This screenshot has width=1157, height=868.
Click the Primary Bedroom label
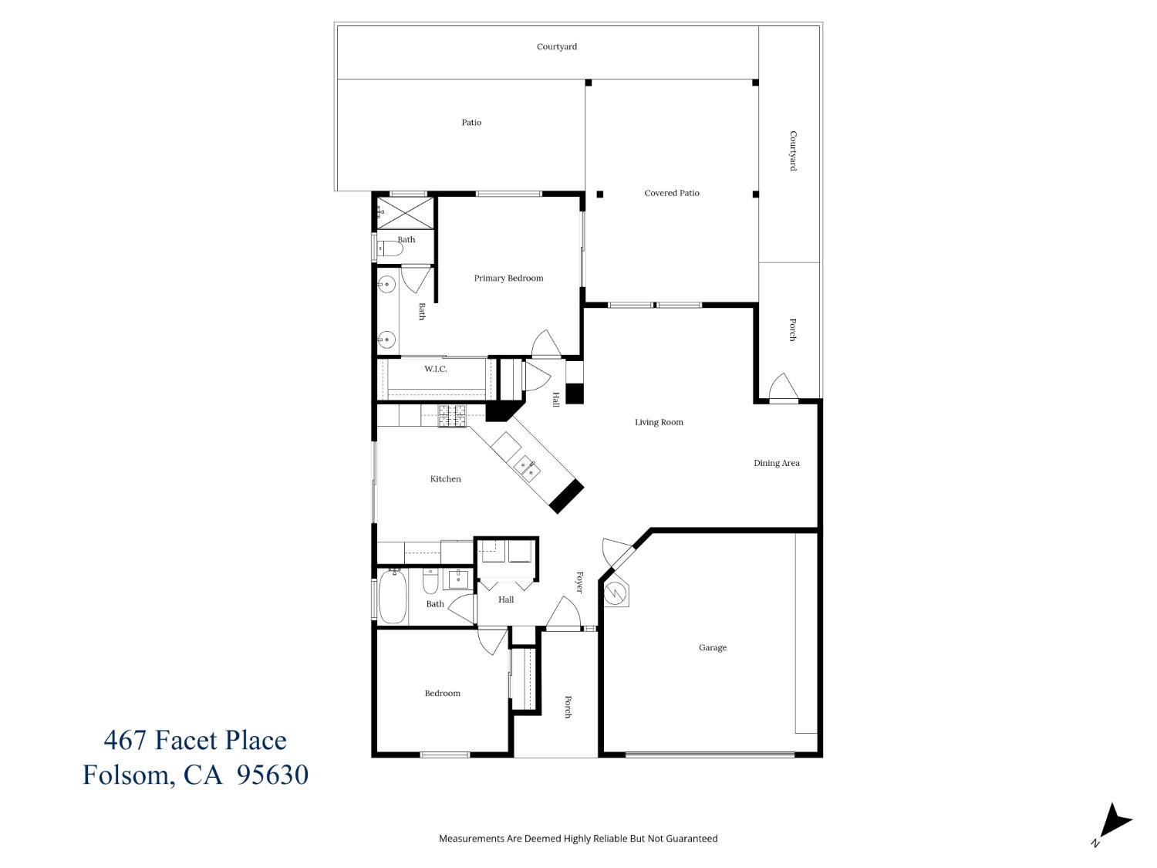508,279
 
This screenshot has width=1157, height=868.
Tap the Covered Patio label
671,193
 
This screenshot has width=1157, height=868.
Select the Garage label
712,648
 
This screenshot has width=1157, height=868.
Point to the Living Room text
659,423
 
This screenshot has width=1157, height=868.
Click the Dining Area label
776,464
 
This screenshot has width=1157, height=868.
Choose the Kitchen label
445,479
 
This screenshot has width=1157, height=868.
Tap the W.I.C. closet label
435,370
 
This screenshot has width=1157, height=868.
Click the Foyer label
579,583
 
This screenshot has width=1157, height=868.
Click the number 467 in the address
125,741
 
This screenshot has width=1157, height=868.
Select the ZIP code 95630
272,775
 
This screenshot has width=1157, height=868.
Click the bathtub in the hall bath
393,596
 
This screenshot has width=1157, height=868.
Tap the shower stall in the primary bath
405,212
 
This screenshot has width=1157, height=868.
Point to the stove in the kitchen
452,417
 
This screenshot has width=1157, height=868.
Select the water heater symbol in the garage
616,593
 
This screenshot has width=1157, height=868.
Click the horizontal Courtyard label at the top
556,47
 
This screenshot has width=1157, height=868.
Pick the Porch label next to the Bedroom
568,707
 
